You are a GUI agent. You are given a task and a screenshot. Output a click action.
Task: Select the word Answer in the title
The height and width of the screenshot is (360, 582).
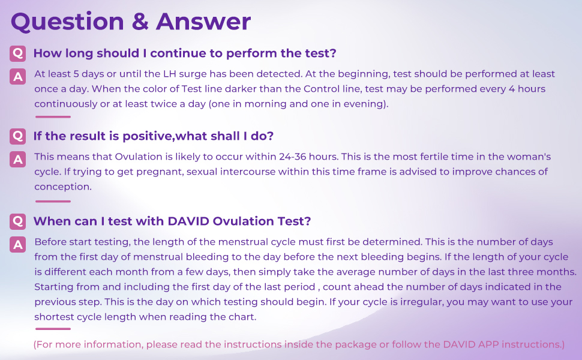click(x=203, y=22)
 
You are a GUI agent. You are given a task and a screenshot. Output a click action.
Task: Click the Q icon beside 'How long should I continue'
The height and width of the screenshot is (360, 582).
click(x=18, y=53)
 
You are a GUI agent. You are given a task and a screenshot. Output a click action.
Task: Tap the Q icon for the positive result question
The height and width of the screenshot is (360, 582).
click(x=18, y=136)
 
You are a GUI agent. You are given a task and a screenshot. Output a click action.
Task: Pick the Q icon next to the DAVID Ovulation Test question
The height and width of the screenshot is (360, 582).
click(x=18, y=221)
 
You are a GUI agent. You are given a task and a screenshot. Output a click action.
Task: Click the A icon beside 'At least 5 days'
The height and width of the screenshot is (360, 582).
click(x=18, y=76)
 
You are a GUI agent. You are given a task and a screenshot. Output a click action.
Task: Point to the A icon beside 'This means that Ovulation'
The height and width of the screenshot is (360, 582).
click(x=18, y=159)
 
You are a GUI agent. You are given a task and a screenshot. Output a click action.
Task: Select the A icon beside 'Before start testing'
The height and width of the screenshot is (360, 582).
click(x=18, y=244)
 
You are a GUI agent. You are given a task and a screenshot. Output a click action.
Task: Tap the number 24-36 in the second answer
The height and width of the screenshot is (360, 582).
click(x=294, y=157)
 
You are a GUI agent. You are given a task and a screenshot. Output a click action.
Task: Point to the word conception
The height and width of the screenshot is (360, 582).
click(x=62, y=187)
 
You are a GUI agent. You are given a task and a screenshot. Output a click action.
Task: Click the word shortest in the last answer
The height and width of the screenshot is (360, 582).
click(x=56, y=316)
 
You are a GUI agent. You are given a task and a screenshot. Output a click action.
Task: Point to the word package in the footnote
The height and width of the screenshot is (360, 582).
click(x=350, y=345)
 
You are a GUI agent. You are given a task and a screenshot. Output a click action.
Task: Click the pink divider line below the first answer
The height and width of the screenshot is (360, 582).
click(x=53, y=117)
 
